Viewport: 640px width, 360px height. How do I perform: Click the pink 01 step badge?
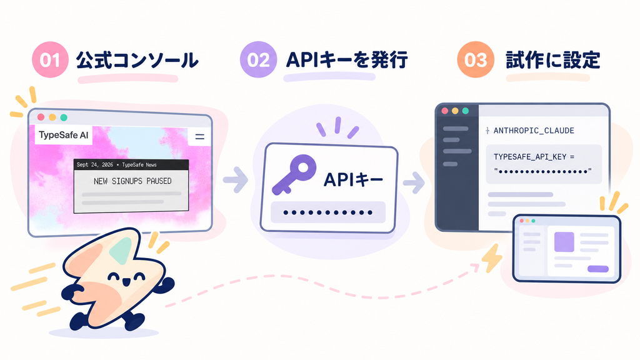[x=50, y=59]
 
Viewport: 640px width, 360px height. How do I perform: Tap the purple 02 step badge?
[x=258, y=59]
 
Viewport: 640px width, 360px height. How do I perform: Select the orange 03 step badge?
[x=476, y=59]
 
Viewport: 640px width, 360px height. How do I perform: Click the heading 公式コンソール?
[x=137, y=61]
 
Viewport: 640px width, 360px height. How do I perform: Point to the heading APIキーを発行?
[x=347, y=60]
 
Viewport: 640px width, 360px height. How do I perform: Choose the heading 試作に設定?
[x=553, y=60]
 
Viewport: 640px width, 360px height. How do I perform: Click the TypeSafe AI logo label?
[x=63, y=135]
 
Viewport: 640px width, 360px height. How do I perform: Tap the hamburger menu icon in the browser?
[x=199, y=137]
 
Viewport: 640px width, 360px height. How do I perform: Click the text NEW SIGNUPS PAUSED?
[x=132, y=181]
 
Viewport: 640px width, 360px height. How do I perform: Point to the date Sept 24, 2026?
[x=95, y=165]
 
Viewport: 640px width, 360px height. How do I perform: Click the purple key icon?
[x=294, y=174]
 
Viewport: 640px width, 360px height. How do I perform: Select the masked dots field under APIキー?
[x=328, y=212]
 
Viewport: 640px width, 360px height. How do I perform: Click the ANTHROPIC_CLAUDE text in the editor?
[x=534, y=131]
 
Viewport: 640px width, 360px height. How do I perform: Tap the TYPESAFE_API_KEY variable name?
[x=530, y=157]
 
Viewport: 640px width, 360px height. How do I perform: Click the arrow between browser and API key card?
[x=236, y=179]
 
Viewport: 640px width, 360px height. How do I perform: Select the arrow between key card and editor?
[x=414, y=182]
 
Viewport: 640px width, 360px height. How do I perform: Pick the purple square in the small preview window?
[x=564, y=242]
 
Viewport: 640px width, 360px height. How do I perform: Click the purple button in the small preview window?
[x=598, y=269]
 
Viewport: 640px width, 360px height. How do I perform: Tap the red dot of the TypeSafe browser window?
[x=41, y=117]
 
